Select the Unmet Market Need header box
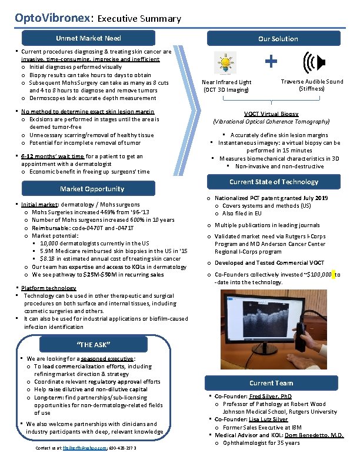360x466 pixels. pyautogui.click(x=88, y=38)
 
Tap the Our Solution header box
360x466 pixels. pyautogui.click(x=278, y=39)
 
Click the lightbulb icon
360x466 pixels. pyautogui.click(x=225, y=63)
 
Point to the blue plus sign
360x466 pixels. pyautogui.click(x=271, y=61)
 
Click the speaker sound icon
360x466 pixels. pyautogui.click(x=312, y=63)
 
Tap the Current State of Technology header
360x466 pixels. pyautogui.click(x=274, y=182)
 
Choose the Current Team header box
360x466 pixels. pyautogui.click(x=271, y=383)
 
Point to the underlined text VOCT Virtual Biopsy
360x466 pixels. pyautogui.click(x=271, y=114)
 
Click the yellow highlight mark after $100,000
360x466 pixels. pyautogui.click(x=333, y=274)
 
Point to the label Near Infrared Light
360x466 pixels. pyautogui.click(x=226, y=82)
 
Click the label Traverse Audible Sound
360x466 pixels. pyautogui.click(x=312, y=82)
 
